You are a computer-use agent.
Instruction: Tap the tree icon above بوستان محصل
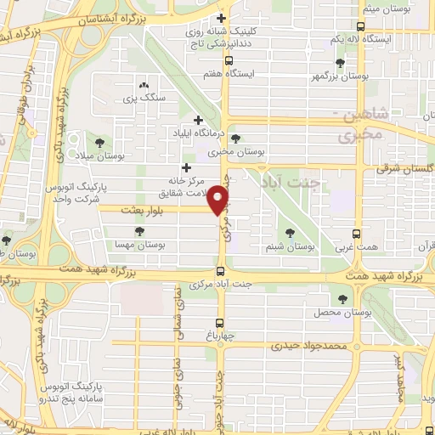tap(342, 299)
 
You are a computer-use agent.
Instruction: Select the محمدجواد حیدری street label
tap(310, 347)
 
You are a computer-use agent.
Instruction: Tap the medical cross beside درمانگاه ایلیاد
tap(198, 121)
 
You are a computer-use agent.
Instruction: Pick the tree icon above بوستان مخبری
tap(235, 138)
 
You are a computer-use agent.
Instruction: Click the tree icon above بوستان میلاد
tap(99, 141)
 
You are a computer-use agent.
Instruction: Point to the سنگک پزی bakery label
tap(141, 99)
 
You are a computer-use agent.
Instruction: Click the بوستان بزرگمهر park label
tap(340, 76)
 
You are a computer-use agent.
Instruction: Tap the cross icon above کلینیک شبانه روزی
tap(222, 18)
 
